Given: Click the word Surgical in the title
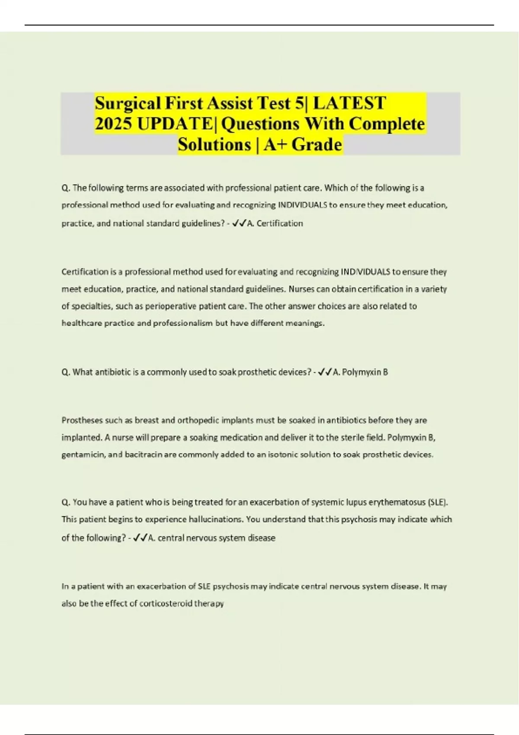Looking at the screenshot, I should click(128, 103).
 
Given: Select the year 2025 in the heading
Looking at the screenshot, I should click(113, 124).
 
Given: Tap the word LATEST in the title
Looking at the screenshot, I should click(349, 103).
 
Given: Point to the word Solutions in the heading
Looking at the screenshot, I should click(214, 145).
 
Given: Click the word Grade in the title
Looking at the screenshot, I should click(317, 145).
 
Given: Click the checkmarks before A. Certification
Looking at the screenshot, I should click(239, 224).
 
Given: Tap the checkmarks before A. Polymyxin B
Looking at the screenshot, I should click(325, 372).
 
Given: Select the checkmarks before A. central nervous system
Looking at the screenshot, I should click(140, 538).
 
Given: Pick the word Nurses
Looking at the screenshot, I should click(301, 289).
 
